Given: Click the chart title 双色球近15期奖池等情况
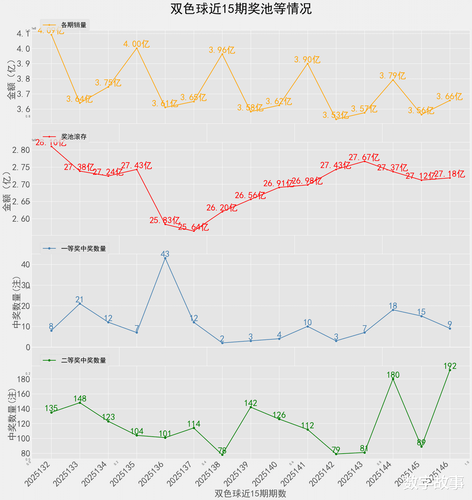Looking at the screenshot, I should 241,9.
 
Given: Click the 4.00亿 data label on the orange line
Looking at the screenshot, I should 136,44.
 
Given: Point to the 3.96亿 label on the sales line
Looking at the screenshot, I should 222,50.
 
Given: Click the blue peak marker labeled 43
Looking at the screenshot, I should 165,258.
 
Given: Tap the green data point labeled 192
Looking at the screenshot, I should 450,370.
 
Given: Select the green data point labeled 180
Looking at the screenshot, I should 393,379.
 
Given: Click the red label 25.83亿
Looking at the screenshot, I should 165,221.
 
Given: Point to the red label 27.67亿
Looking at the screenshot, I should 364,157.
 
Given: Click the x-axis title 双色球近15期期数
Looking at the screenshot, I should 250,494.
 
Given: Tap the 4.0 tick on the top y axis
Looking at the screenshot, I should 23,49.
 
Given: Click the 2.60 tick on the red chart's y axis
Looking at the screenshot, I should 21,219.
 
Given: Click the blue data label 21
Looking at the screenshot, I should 80,299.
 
